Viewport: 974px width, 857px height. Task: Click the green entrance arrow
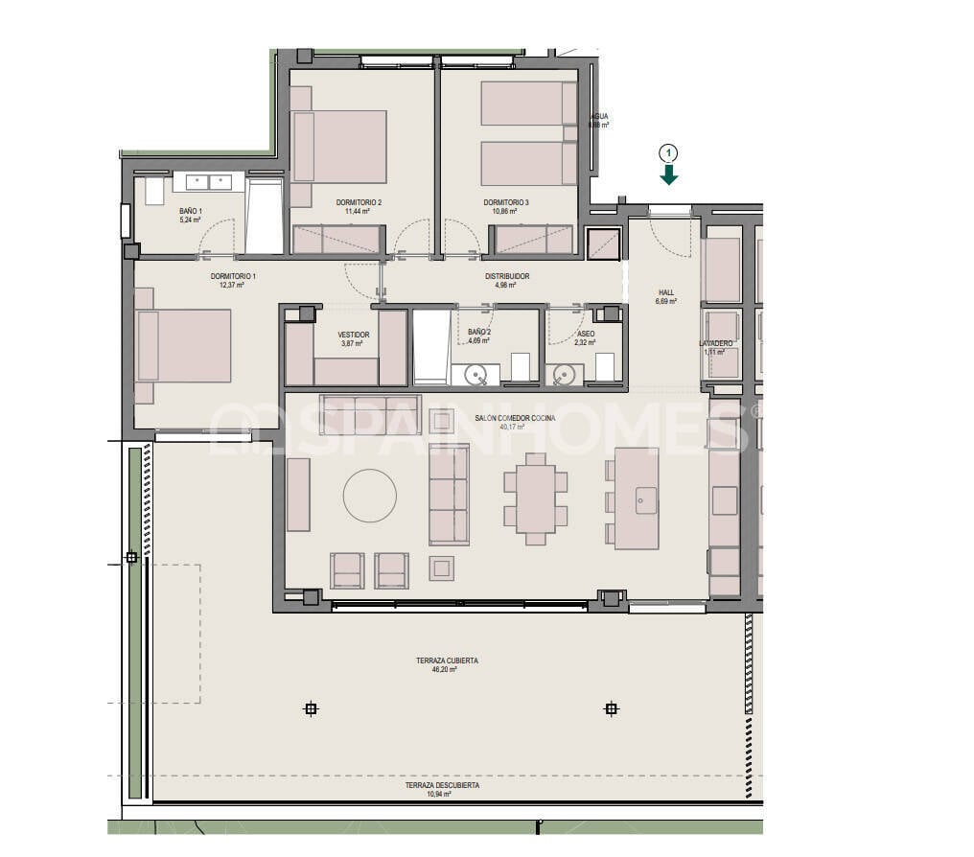point(669,174)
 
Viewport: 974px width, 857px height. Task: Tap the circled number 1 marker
point(669,151)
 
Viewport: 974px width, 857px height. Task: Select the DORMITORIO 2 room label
point(359,202)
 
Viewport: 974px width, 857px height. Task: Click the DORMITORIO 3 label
point(506,202)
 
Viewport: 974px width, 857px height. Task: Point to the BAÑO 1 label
point(191,211)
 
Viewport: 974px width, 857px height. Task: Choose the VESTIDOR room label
point(354,335)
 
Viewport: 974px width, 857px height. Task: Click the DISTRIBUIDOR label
point(506,276)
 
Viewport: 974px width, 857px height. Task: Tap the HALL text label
point(666,292)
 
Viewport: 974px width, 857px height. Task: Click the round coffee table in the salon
point(370,496)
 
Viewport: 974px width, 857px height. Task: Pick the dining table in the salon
point(535,498)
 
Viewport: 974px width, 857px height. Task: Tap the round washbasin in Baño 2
point(477,375)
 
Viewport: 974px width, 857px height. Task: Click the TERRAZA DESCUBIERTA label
point(442,785)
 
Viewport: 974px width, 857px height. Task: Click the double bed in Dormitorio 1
point(186,345)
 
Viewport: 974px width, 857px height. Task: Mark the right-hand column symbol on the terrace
point(611,709)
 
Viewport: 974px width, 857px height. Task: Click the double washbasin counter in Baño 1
point(207,181)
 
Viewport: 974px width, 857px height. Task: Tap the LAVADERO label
point(716,342)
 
